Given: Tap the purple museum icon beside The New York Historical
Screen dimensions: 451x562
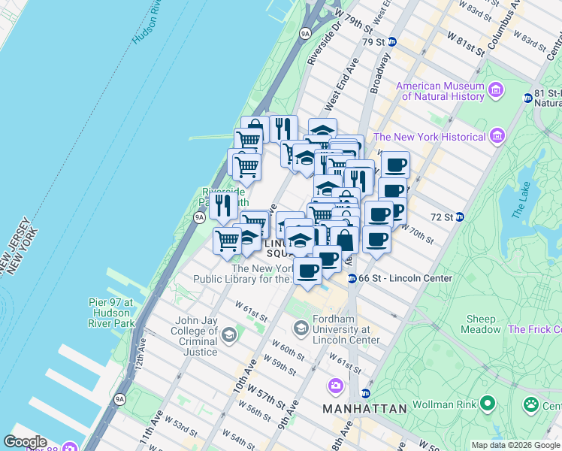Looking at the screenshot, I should (x=496, y=136).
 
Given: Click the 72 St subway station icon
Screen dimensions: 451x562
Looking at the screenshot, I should (x=460, y=217).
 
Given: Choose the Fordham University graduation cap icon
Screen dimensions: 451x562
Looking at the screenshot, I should (x=301, y=328).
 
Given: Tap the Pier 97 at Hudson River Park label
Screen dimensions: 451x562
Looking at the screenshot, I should (x=110, y=313).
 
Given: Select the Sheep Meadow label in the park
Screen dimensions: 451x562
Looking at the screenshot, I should (x=481, y=324).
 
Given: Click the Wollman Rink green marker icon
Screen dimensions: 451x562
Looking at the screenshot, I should (x=488, y=404).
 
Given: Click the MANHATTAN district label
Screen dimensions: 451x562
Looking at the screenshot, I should (x=364, y=409).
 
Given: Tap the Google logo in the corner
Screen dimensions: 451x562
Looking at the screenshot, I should (x=24, y=442).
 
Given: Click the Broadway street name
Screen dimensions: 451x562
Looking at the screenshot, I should (x=380, y=72).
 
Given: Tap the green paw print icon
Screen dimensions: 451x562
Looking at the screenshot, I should (x=531, y=404).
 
